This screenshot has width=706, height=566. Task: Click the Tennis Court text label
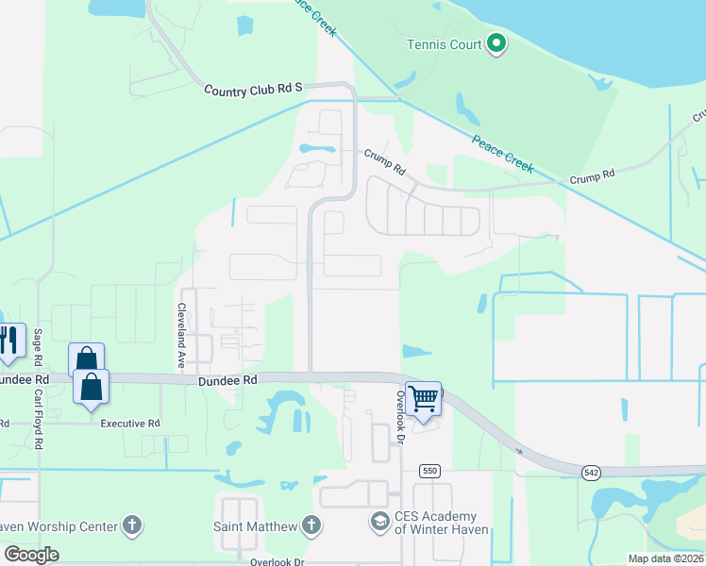tap(444, 44)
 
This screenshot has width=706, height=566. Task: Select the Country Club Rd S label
tap(254, 89)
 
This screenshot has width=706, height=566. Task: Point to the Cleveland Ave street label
tap(180, 336)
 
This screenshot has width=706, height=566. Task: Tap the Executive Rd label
tap(130, 424)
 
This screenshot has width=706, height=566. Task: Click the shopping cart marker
tap(425, 397)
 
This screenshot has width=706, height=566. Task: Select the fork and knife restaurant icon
tap(8, 341)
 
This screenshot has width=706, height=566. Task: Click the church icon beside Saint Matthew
tap(313, 524)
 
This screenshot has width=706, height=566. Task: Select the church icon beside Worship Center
tap(132, 525)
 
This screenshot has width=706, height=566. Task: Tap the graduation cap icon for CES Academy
tap(379, 522)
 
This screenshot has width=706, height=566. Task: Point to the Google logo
tap(31, 555)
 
